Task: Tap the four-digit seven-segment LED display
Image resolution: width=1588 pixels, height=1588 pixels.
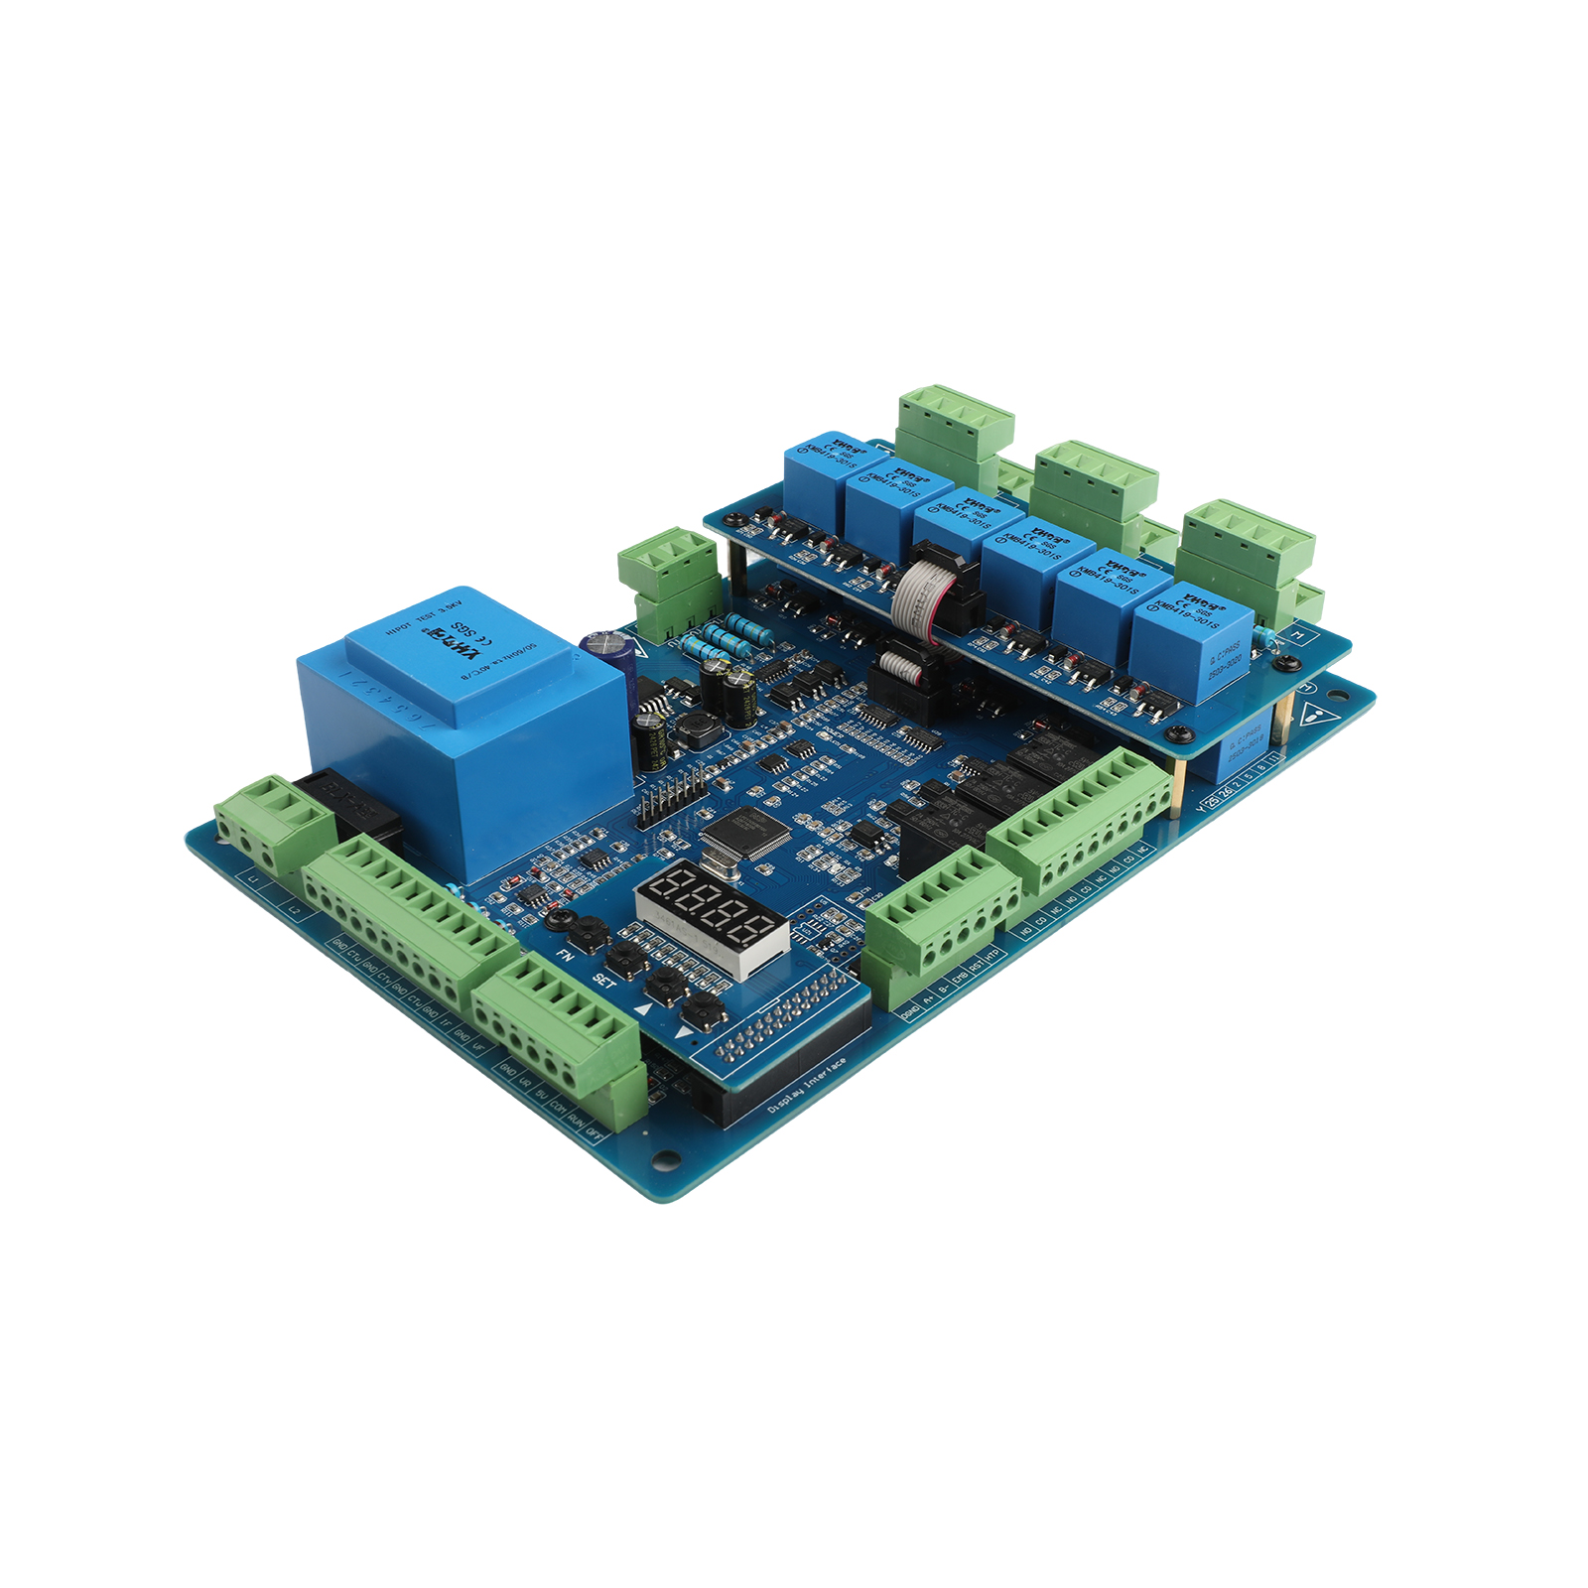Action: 711,907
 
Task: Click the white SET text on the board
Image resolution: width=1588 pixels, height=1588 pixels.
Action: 603,979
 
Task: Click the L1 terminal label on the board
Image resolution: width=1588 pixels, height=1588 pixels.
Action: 254,881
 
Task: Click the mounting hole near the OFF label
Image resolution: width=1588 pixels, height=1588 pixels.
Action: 662,1157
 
